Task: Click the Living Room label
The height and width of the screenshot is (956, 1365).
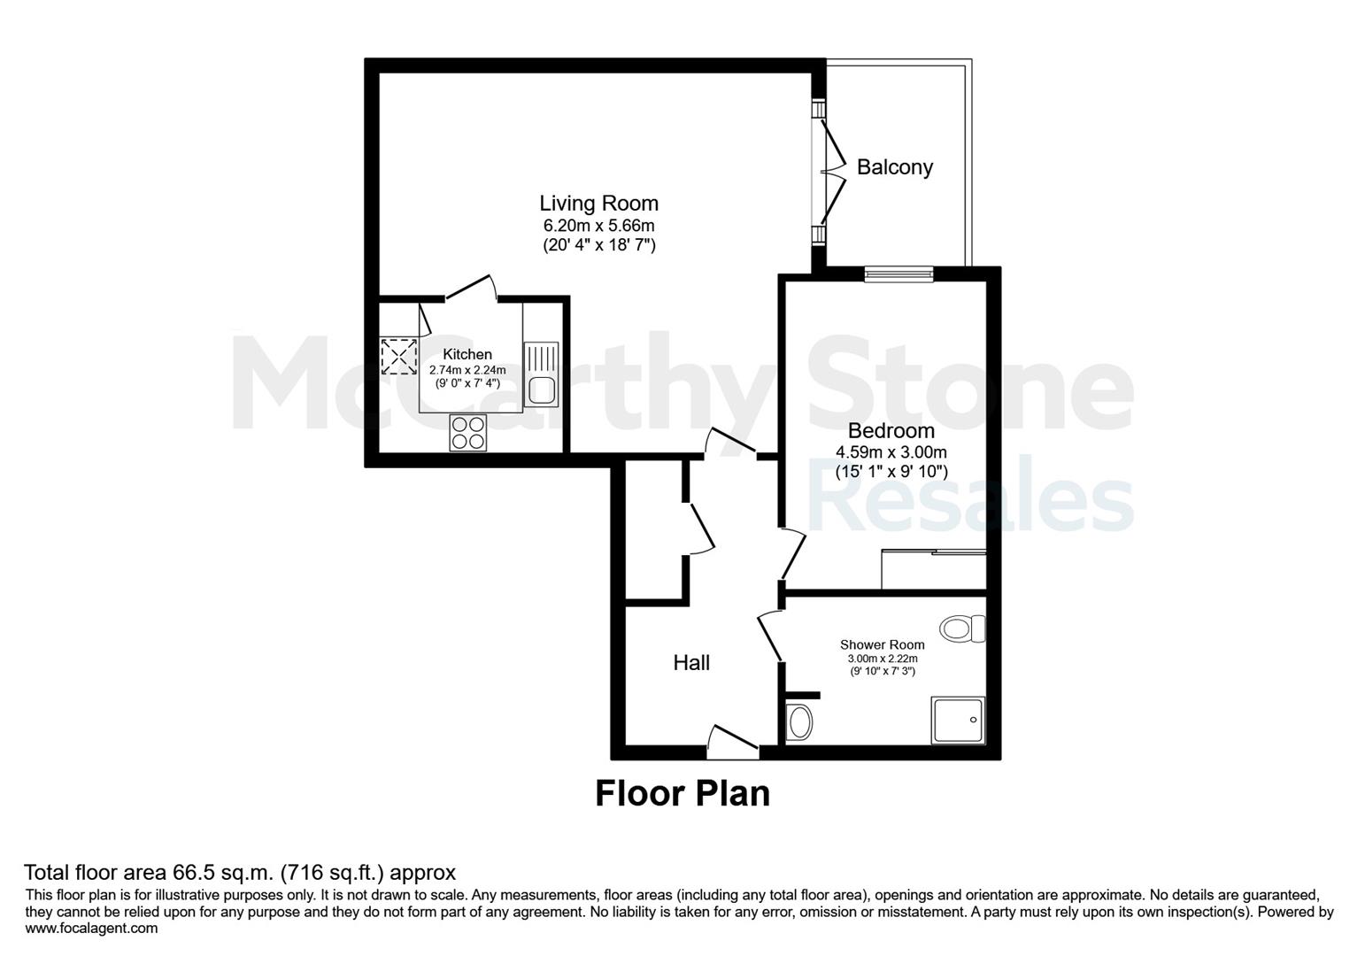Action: coord(598,203)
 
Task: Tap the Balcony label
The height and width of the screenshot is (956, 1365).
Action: coord(895,167)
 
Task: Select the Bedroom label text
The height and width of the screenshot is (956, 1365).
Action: coord(891,431)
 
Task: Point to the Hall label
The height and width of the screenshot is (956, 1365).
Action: coord(691,663)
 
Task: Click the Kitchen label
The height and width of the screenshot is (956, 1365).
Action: coord(467,354)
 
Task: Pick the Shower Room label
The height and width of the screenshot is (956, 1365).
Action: coord(883,644)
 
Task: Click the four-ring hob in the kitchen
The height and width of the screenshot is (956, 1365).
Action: coord(468,433)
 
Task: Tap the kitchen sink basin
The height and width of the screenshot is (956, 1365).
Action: coord(541,390)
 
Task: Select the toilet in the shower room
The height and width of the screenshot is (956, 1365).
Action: coord(962,628)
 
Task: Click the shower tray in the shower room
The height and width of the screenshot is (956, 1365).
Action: coord(958,721)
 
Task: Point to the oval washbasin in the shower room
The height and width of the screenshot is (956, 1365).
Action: coord(799,722)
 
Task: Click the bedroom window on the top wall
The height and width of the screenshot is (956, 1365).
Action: coord(898,274)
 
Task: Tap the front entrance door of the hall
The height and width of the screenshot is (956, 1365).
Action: coord(733,743)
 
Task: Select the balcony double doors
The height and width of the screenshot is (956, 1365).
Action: coord(832,173)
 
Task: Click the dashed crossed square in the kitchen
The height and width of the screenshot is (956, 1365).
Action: coord(398,357)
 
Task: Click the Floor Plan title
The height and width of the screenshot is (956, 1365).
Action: coord(682,794)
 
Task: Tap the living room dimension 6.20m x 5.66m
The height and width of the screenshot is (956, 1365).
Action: coord(598,226)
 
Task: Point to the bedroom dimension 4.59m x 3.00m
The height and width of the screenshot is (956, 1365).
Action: coord(891,452)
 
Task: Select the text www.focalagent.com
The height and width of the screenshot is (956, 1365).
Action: coord(91,929)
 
